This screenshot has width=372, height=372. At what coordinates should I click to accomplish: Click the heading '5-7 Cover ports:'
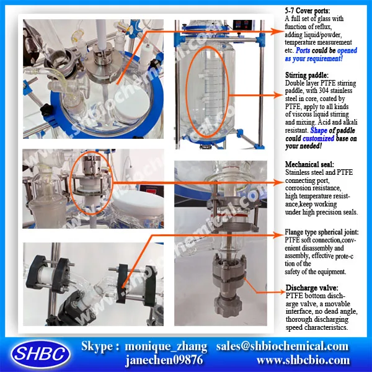click(308, 11)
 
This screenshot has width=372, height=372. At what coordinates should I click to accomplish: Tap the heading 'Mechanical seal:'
click(309, 164)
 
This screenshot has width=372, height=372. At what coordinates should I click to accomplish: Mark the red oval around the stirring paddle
click(210, 91)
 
